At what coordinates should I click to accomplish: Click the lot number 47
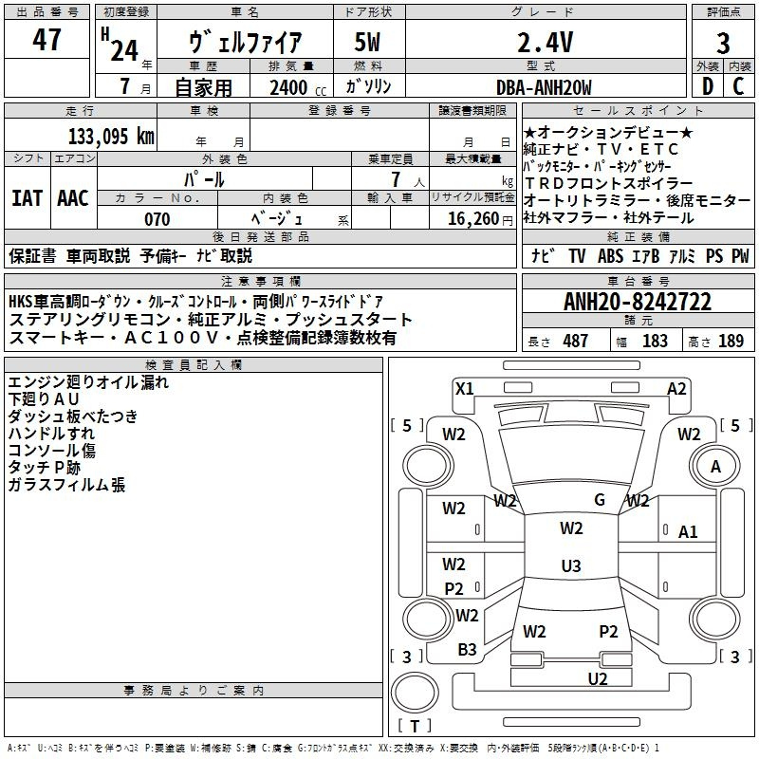[x=46, y=41]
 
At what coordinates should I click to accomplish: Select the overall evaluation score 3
[x=723, y=44]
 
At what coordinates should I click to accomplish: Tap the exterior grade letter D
[x=707, y=86]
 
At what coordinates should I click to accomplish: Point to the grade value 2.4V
[x=545, y=43]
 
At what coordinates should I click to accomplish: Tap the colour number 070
[x=157, y=219]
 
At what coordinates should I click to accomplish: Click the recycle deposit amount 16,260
[x=472, y=219]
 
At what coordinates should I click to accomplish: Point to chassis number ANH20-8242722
[x=638, y=302]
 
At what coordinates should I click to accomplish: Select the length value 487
[x=575, y=341]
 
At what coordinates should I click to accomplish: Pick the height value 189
[x=731, y=341]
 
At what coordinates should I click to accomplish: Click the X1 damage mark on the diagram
[x=465, y=388]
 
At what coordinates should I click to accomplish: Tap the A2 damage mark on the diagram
[x=676, y=388]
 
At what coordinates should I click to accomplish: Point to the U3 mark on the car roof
[x=570, y=566]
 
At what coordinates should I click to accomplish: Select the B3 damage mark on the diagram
[x=467, y=650]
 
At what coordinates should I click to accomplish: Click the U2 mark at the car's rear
[x=597, y=678]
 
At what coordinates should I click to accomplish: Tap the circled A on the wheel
[x=715, y=467]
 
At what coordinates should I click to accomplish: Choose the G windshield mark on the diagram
[x=600, y=499]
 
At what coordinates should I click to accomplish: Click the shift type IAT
[x=27, y=198]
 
